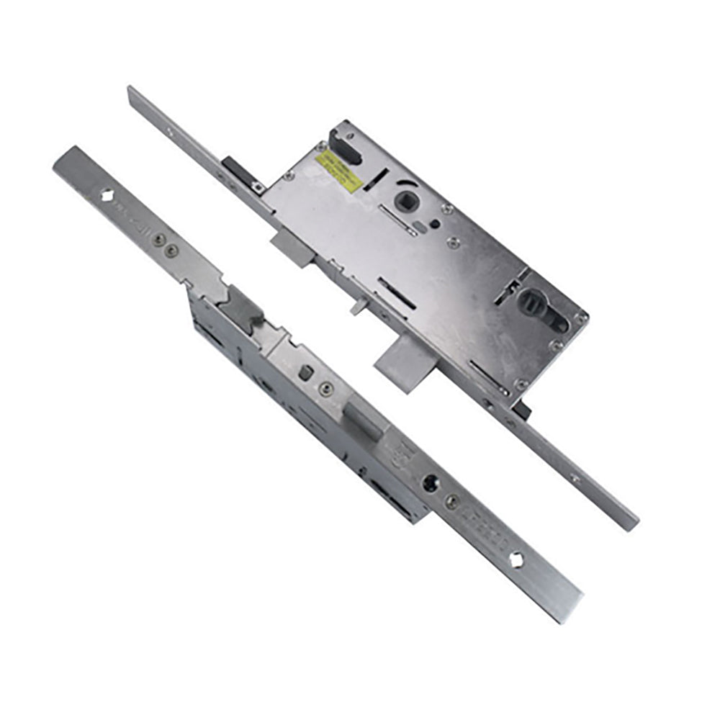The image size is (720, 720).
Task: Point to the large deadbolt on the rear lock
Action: [400, 363]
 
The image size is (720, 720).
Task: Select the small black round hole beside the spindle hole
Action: [434, 224]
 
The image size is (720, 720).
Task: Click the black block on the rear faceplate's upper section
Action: [236, 171]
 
